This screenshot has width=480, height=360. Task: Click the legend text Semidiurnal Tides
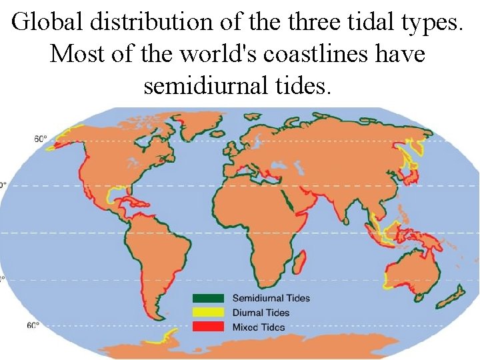pyautogui.click(x=271, y=299)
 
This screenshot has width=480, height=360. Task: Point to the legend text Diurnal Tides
pyautogui.click(x=261, y=313)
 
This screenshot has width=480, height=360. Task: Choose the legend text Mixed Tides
pyautogui.click(x=258, y=327)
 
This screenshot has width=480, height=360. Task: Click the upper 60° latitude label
pyautogui.click(x=41, y=139)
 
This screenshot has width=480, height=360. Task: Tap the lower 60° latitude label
pyautogui.click(x=33, y=325)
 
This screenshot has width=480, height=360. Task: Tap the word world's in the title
pyautogui.click(x=201, y=53)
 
